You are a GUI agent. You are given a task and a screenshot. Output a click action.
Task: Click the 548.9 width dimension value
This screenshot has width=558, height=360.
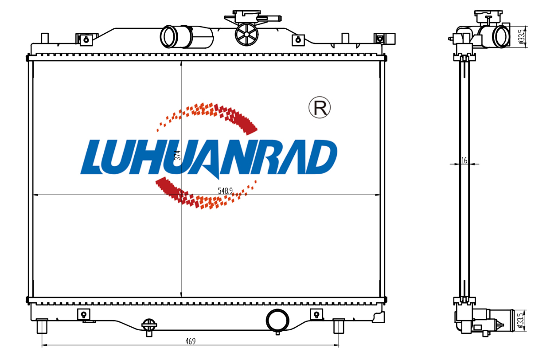(x=225, y=191)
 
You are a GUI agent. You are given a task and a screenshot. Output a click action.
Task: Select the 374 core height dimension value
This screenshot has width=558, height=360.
(x=177, y=156)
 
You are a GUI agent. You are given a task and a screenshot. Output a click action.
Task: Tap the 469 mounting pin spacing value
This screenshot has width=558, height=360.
(x=191, y=341)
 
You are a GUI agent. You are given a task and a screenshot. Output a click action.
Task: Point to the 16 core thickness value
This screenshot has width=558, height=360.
(x=464, y=160)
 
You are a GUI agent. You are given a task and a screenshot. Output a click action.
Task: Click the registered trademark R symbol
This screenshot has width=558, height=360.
(x=320, y=108)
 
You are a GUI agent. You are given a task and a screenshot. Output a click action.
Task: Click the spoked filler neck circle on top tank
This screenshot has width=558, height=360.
(x=246, y=35)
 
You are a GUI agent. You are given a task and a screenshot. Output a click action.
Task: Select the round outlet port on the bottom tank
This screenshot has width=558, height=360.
(x=277, y=321)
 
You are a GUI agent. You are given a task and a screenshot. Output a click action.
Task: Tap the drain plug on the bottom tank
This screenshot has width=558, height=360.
(x=149, y=327)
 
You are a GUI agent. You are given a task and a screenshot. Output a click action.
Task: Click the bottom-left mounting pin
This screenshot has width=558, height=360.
(x=42, y=326)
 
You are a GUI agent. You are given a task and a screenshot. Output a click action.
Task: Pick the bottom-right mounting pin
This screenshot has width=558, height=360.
(x=339, y=326)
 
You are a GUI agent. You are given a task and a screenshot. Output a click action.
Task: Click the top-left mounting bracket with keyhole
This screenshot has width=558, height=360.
(x=86, y=39)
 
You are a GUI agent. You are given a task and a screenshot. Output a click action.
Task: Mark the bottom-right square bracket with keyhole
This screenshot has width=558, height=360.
(x=316, y=314)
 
